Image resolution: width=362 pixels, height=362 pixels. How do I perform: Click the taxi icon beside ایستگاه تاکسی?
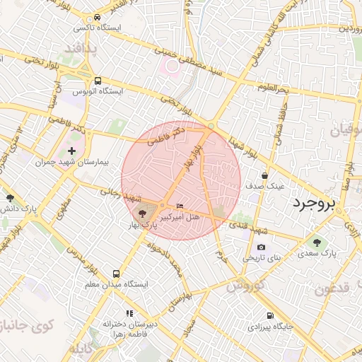(97, 18)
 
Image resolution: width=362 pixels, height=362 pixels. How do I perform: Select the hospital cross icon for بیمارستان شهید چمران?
(71, 151)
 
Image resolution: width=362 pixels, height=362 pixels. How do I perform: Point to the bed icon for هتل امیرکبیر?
(180, 206)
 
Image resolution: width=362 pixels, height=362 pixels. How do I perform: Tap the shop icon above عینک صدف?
(264, 175)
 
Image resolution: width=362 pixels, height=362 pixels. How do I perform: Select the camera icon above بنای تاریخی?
(262, 247)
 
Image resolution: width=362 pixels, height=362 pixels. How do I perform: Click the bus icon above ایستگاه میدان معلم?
(116, 274)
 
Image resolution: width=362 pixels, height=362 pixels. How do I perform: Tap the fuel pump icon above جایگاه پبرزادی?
(270, 316)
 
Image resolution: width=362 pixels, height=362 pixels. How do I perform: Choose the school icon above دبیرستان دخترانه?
(129, 313)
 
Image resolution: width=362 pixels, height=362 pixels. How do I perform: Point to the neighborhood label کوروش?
(245, 286)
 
